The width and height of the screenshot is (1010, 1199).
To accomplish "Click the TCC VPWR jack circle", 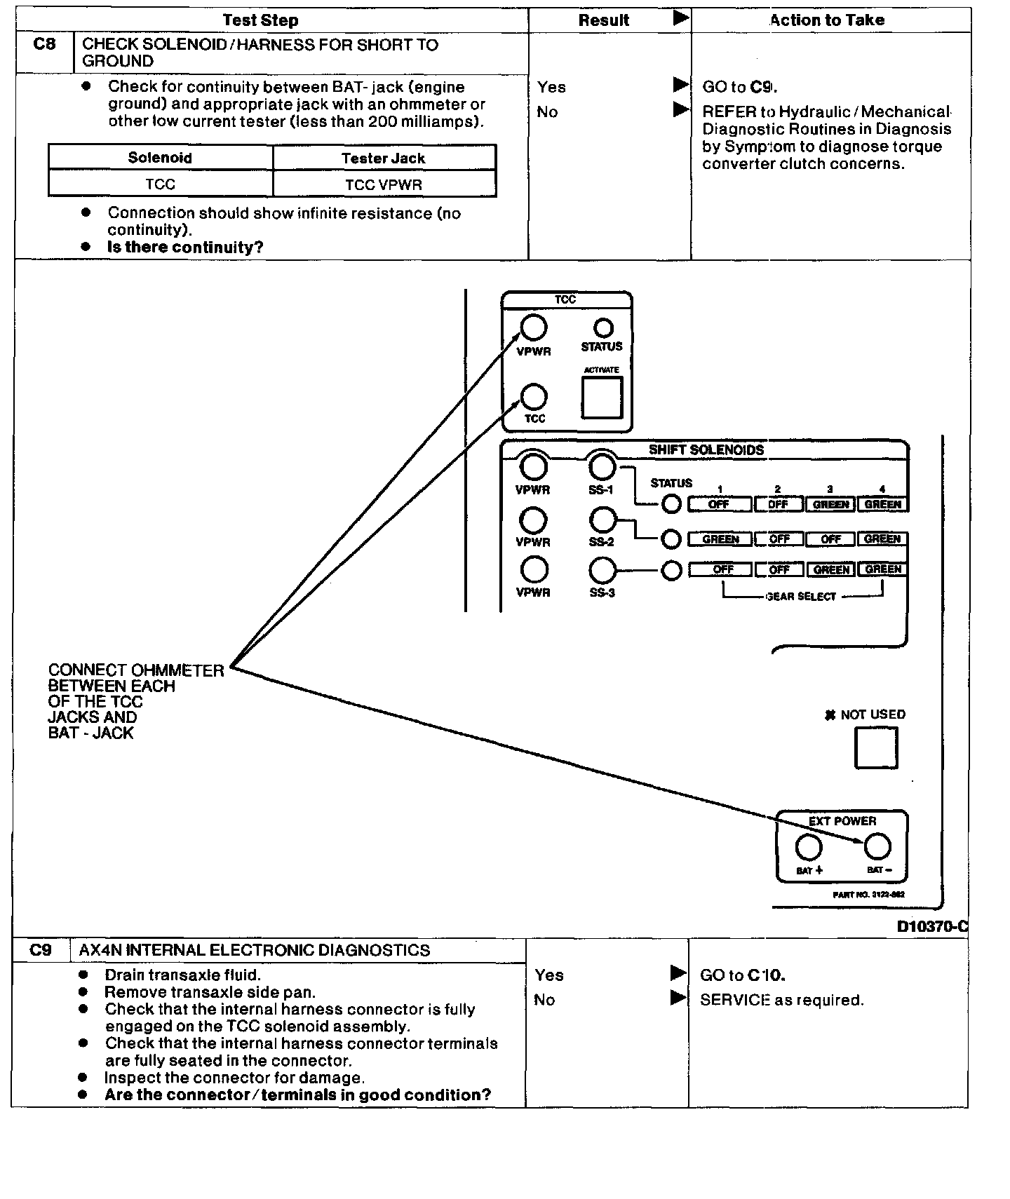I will point(533,327).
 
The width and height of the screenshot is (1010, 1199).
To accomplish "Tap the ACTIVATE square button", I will point(602,398).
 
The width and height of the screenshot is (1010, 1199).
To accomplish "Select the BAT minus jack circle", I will point(877,847).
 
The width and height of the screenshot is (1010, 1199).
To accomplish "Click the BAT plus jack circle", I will point(809,847).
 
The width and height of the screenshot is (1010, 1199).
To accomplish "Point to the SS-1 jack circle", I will point(602,466).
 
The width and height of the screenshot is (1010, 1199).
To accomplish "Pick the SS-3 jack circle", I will point(602,571).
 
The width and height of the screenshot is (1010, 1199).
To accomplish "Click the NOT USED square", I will point(876,747).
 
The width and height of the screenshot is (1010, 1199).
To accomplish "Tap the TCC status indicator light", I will point(603,327).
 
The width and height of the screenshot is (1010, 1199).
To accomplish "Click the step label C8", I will point(43,45).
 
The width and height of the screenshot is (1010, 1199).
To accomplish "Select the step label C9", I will point(41,950).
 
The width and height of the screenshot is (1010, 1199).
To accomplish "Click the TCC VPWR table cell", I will point(384,184).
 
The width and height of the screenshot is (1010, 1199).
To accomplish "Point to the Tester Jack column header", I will point(384,158).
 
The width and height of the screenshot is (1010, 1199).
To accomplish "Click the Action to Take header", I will point(827,20).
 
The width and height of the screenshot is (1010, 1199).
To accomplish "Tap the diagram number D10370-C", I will point(932,926).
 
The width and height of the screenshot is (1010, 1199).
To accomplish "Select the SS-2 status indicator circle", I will point(671,538).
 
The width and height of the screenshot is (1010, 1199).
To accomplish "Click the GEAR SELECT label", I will point(801,597).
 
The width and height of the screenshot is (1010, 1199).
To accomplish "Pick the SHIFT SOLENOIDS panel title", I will point(706,450).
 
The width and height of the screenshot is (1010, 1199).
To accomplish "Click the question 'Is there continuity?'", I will point(184,248).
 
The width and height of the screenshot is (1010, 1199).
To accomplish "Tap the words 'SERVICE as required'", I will point(781,1001).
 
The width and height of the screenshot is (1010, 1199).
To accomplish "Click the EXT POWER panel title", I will point(842,821).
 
